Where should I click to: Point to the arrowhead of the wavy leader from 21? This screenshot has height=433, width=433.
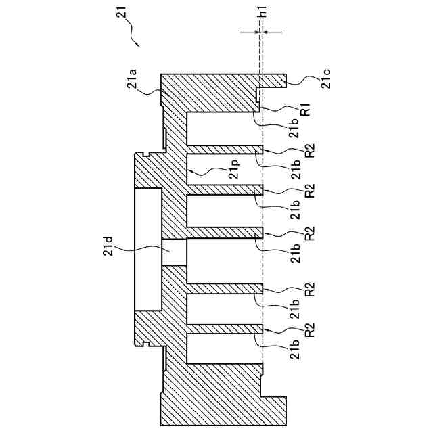(138, 45)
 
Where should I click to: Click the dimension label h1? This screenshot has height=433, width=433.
(262, 12)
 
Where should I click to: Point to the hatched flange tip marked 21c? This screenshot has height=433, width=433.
(275, 81)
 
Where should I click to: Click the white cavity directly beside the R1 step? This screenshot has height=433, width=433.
(223, 128)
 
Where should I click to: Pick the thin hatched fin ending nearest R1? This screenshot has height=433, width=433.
(223, 148)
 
